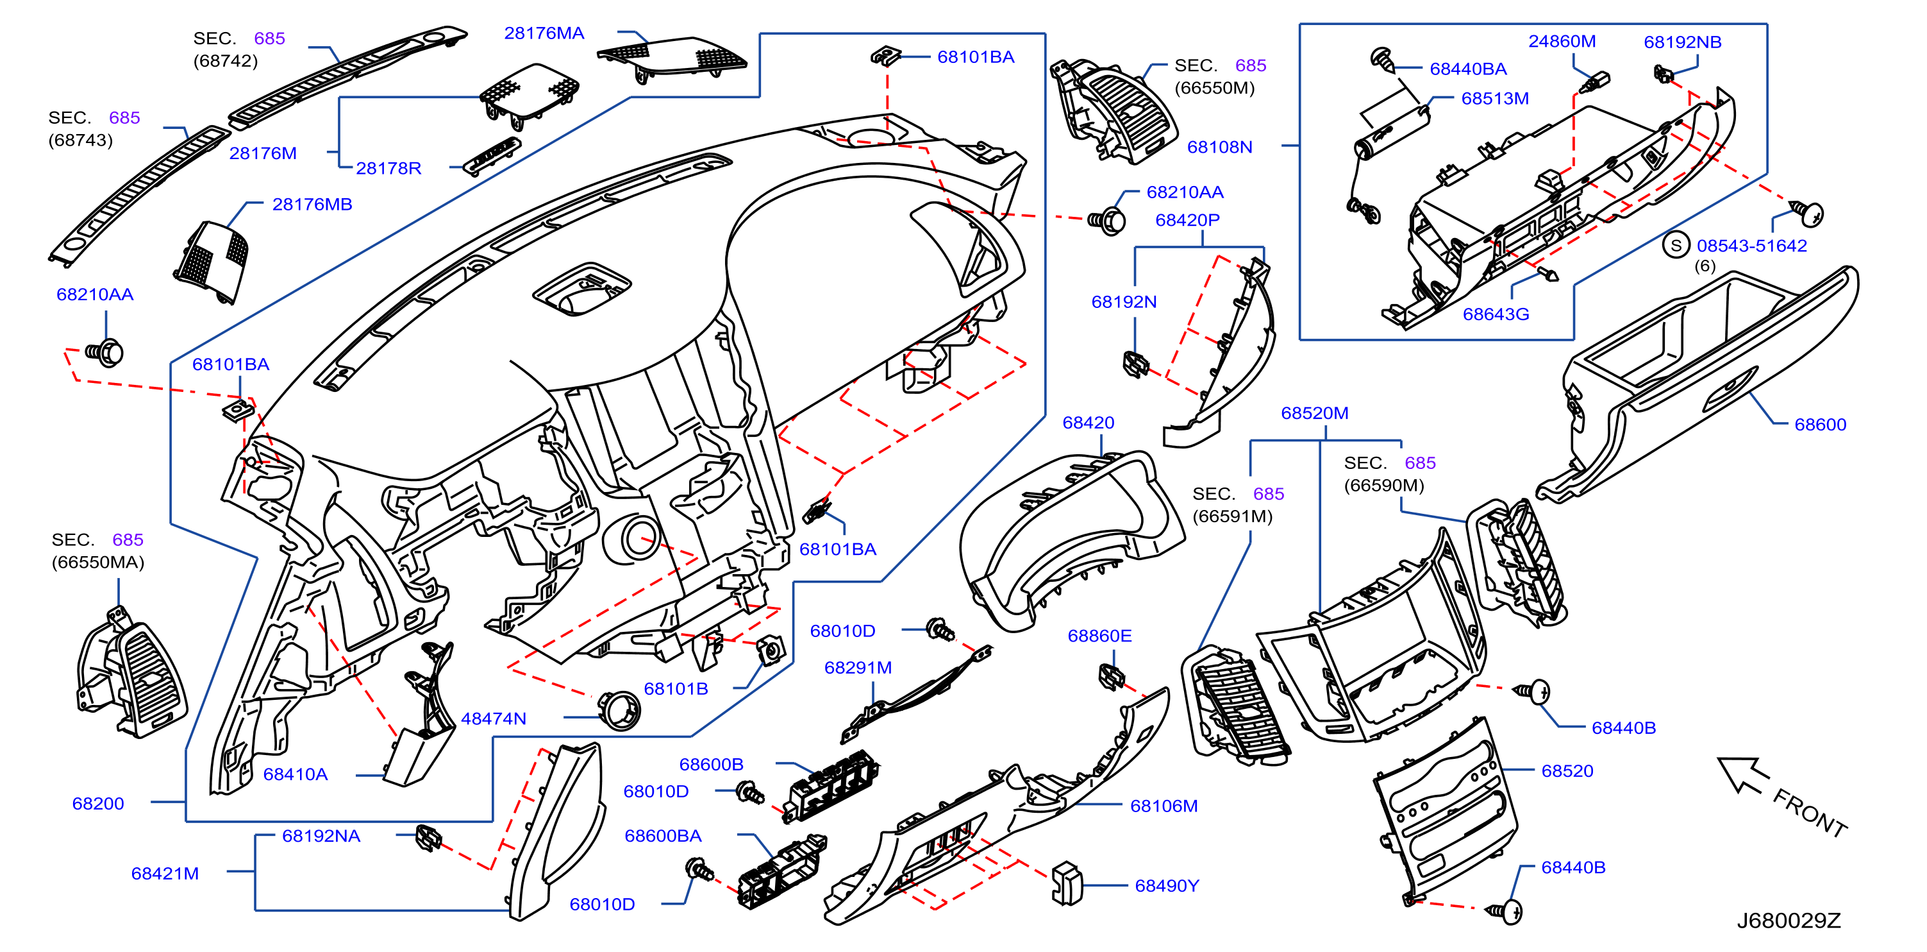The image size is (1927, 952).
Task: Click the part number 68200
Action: [98, 803]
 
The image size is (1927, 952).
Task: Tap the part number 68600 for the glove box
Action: [1820, 425]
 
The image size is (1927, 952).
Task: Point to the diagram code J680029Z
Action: [1789, 921]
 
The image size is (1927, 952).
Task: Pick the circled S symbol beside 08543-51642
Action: [1676, 245]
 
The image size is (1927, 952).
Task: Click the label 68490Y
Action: [1167, 885]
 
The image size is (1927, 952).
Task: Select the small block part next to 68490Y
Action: [1067, 884]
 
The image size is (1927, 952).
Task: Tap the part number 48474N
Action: [494, 718]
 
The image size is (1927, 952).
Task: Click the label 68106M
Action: [1164, 806]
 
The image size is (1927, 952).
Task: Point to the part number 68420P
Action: [1187, 220]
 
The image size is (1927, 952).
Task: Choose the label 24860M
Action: [1562, 41]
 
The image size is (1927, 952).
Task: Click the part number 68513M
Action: [1495, 98]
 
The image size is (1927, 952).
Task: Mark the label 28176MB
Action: [312, 204]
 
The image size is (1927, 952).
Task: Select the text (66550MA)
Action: [98, 562]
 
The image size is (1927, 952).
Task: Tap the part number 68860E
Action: [1099, 635]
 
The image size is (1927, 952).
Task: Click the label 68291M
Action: [858, 668]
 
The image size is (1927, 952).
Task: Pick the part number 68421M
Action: [165, 874]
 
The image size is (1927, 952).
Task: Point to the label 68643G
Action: [1496, 314]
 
